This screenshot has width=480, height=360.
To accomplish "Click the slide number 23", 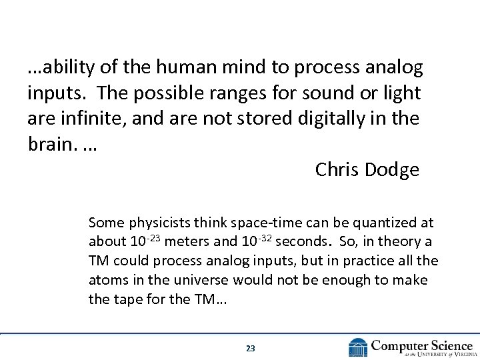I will point(251,348).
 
